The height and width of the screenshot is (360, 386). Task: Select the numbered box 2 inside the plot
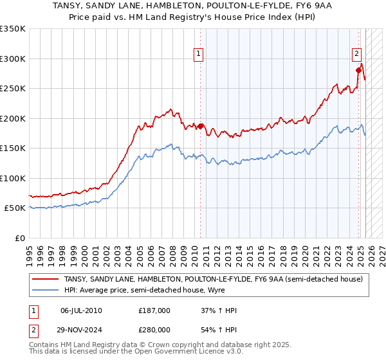(x=356, y=54)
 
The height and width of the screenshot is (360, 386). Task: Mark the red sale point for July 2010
(x=200, y=127)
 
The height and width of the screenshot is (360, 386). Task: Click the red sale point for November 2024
(x=358, y=71)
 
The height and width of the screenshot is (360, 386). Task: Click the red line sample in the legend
(x=46, y=279)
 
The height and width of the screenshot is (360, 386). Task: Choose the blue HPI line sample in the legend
(x=46, y=290)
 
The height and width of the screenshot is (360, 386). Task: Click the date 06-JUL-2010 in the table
(x=81, y=310)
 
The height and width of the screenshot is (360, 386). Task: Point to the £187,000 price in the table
(x=154, y=310)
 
